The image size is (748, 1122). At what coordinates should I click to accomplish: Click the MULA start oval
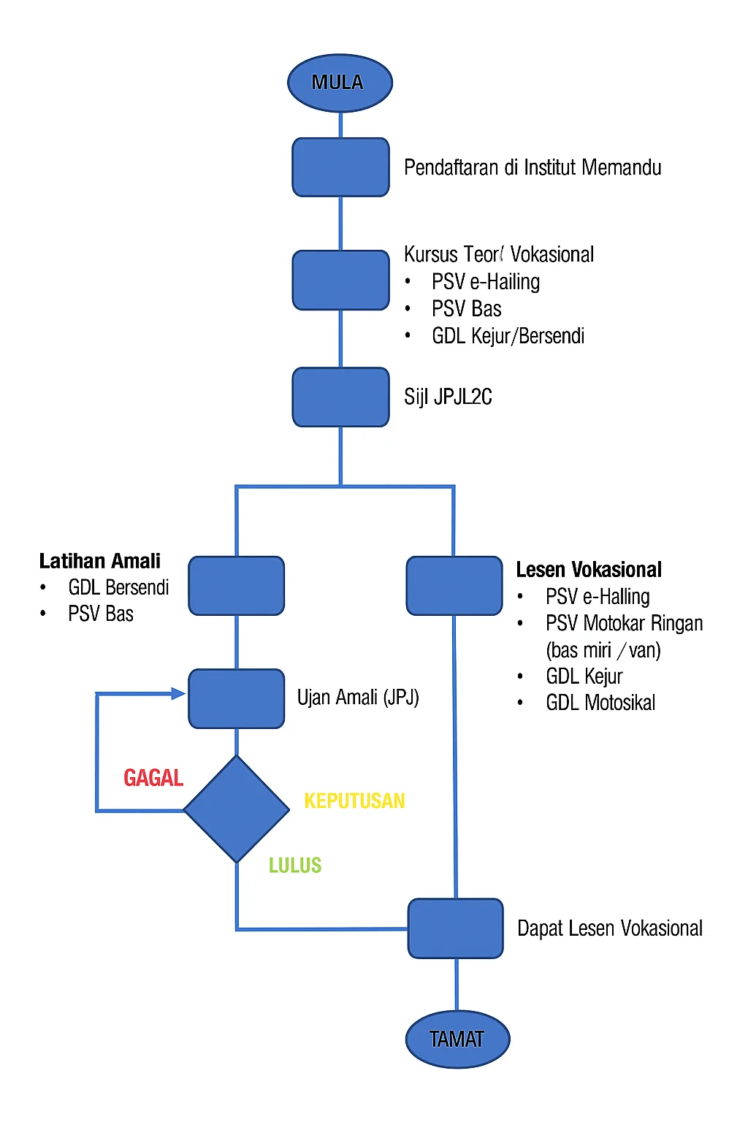(x=340, y=83)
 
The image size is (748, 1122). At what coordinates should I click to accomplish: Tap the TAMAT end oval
(x=457, y=1039)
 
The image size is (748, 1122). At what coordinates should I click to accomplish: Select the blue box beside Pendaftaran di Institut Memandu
(x=340, y=167)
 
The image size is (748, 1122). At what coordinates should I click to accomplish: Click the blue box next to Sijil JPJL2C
(x=340, y=397)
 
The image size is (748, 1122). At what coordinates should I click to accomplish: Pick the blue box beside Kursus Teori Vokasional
(x=340, y=280)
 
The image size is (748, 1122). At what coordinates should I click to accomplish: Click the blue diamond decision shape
(x=237, y=809)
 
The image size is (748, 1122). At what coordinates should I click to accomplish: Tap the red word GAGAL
(x=153, y=778)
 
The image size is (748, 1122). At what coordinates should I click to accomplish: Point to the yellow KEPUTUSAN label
(x=354, y=801)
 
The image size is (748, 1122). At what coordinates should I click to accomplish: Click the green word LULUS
(x=295, y=866)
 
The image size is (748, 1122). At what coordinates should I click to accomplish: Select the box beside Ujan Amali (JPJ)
(x=237, y=698)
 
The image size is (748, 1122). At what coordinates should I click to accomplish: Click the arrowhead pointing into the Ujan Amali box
(x=178, y=693)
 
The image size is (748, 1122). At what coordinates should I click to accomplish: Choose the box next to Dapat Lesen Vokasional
(x=456, y=928)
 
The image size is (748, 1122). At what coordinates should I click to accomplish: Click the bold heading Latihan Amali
(x=100, y=561)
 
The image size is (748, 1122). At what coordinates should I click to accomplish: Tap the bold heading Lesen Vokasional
(x=589, y=570)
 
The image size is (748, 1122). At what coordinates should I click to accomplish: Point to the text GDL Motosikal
(x=600, y=703)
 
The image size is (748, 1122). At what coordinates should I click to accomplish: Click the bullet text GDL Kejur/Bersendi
(x=508, y=336)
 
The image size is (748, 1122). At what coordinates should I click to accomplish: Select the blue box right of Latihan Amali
(x=237, y=586)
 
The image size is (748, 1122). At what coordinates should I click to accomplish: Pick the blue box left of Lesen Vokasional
(x=454, y=586)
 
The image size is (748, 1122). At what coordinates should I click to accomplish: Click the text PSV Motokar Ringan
(x=624, y=624)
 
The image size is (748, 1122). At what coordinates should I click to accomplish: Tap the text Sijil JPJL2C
(x=448, y=397)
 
